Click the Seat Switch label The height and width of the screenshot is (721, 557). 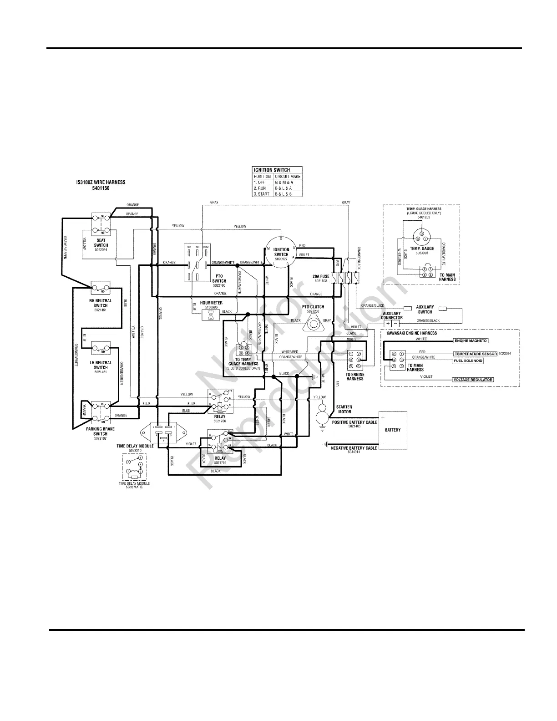(101, 243)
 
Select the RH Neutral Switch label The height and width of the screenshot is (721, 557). (101, 303)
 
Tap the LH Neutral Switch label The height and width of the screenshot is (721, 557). (101, 365)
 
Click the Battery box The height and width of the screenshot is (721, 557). (393, 430)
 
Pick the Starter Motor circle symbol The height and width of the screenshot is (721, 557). (322, 415)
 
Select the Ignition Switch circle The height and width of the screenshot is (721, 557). (281, 251)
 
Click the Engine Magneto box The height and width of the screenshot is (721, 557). (471, 340)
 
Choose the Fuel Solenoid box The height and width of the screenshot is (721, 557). (468, 360)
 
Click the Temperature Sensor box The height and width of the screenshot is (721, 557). (475, 354)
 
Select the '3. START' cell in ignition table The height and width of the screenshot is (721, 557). (262, 194)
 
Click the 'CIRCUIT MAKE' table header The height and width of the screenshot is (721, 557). (288, 176)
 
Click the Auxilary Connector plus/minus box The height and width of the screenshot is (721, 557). (391, 323)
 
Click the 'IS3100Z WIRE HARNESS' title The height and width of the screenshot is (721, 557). (101, 182)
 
